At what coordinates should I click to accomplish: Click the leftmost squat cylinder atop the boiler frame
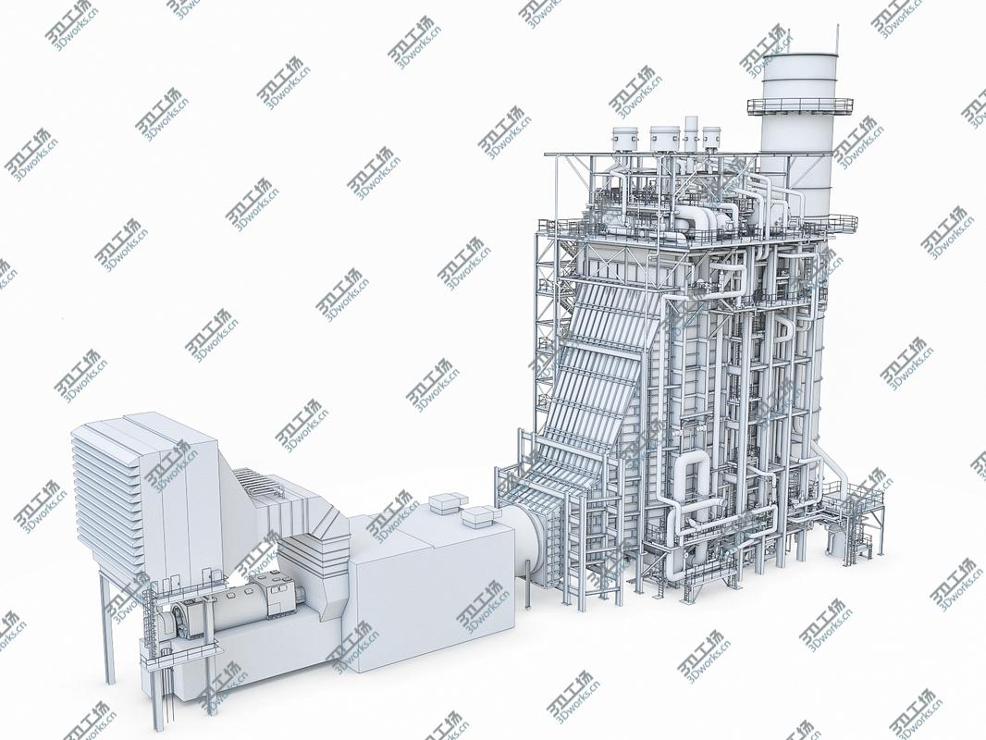point(624,138)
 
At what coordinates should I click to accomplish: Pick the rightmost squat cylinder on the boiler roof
point(711,138)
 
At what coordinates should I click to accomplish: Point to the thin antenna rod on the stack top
point(837,39)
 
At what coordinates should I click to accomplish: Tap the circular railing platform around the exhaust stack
point(800,106)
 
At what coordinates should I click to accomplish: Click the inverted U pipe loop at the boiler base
point(689,481)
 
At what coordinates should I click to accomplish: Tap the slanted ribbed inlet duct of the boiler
point(592,388)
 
